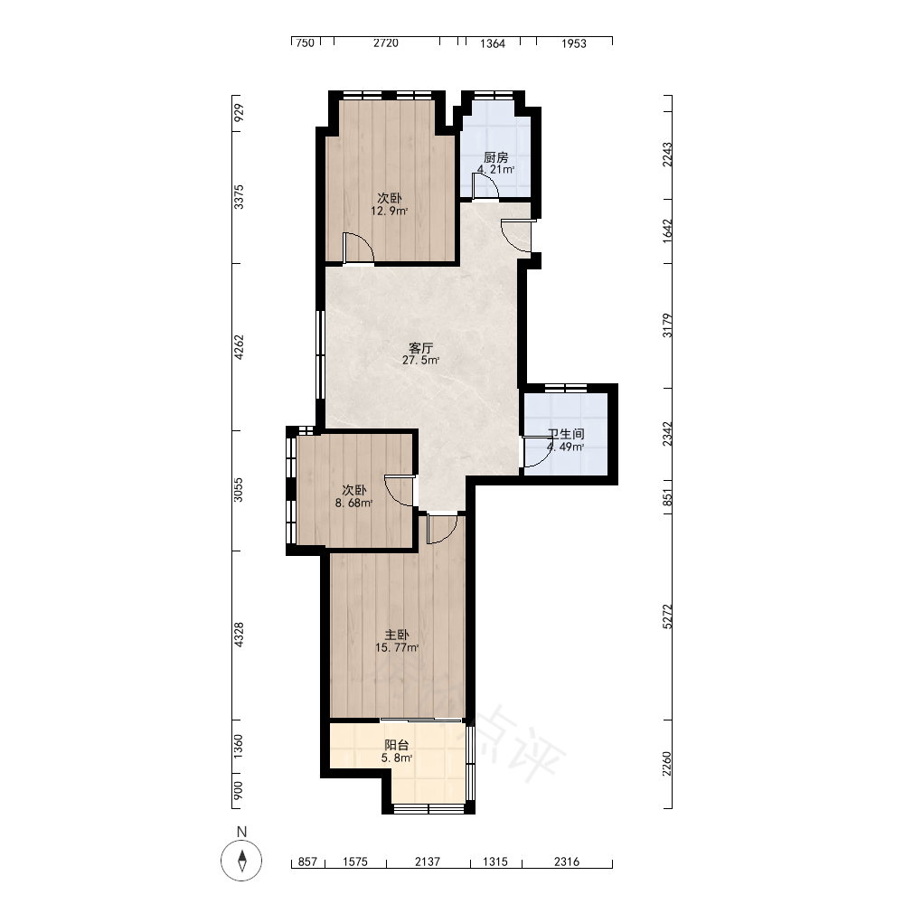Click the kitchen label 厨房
(495, 157)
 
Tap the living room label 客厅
(421, 348)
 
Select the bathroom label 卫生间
(566, 434)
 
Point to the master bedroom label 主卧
(397, 635)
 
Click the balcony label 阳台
(397, 745)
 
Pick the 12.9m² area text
(389, 211)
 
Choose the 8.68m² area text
(354, 503)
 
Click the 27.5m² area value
(421, 361)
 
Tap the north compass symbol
(241, 861)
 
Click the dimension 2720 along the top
(386, 43)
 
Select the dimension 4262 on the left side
(239, 347)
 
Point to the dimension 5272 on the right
(667, 617)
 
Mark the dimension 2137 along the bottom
(428, 862)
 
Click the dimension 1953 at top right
(574, 43)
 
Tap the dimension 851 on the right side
(667, 497)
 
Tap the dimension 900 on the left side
(239, 790)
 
